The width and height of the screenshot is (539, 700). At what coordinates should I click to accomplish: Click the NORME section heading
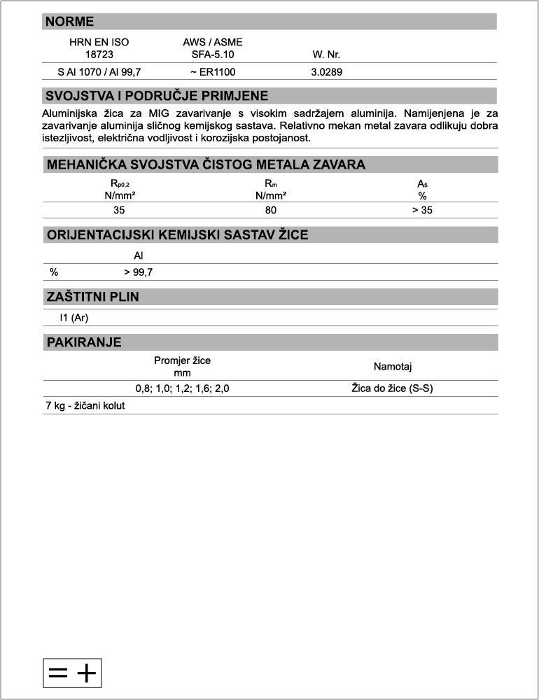click(69, 22)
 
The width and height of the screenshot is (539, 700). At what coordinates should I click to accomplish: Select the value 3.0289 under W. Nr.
click(326, 71)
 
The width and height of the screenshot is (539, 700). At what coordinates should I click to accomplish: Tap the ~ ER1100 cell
click(212, 71)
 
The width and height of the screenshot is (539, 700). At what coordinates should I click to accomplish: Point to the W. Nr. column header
click(326, 54)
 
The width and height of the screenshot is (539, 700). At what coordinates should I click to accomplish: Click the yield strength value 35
click(119, 210)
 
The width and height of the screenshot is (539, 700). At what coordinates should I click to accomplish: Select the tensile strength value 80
click(271, 210)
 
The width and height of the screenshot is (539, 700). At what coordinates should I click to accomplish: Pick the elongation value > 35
click(422, 210)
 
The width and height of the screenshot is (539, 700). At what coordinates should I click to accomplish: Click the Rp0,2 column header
click(120, 184)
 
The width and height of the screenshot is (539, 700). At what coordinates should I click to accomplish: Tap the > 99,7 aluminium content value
click(139, 272)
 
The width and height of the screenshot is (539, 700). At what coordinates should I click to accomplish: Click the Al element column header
click(139, 256)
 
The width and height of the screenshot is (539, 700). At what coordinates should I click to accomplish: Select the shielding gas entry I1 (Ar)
click(74, 317)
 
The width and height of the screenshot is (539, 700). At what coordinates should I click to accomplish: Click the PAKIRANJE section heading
click(83, 342)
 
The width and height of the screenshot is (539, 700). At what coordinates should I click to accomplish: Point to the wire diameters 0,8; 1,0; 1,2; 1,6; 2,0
click(182, 388)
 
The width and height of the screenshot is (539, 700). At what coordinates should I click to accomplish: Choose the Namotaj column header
click(397, 366)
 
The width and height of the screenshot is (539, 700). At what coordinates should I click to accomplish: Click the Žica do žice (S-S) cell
click(392, 388)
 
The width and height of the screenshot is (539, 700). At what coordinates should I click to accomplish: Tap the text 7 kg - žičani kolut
click(85, 405)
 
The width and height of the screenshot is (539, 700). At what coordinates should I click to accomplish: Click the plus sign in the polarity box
click(86, 673)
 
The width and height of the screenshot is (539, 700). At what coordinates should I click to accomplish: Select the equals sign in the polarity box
click(58, 673)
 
